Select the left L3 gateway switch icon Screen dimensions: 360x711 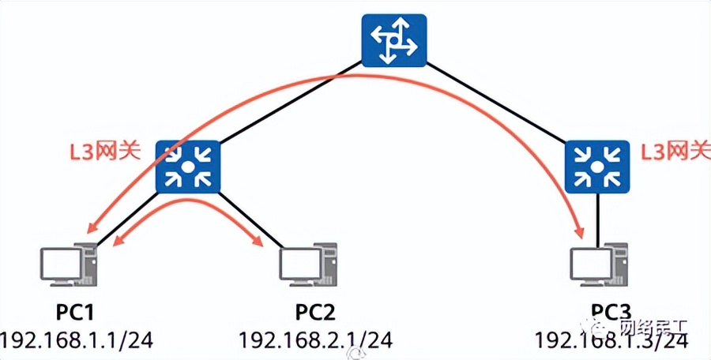coord(187,167)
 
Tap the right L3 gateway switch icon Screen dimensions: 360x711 coord(597,167)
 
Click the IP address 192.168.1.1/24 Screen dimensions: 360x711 coord(77,339)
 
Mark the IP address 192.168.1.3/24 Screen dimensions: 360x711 coord(611,341)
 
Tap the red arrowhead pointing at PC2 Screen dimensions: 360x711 coord(259,241)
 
